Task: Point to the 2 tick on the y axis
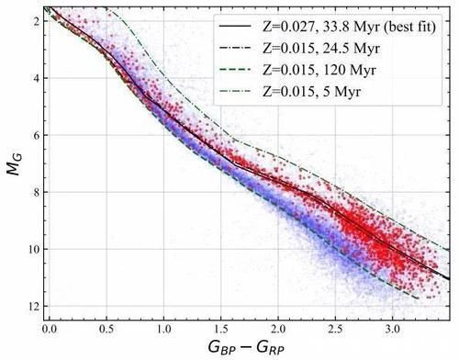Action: tap(33, 20)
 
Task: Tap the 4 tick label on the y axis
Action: tap(33, 78)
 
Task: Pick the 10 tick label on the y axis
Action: tap(30, 249)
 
